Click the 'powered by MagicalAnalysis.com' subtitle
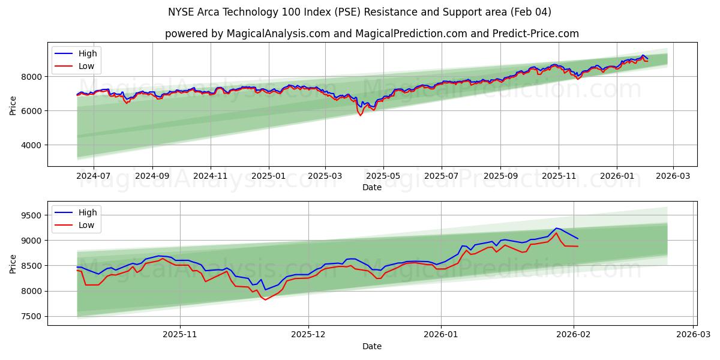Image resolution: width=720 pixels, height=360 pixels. click(372, 34)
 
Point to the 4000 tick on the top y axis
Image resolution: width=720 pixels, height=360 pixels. click(31, 145)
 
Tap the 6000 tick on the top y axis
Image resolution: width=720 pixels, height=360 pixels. click(31, 110)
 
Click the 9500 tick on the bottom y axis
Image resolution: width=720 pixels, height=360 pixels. click(31, 215)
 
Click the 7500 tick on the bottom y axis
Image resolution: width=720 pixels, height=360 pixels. click(31, 316)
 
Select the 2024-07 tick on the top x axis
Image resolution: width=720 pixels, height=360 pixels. click(94, 176)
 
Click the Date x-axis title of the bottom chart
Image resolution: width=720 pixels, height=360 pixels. click(372, 346)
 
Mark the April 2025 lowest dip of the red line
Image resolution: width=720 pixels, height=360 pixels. click(360, 115)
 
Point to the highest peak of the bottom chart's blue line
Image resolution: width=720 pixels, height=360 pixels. click(556, 228)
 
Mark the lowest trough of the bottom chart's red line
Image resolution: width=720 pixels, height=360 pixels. click(265, 299)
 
